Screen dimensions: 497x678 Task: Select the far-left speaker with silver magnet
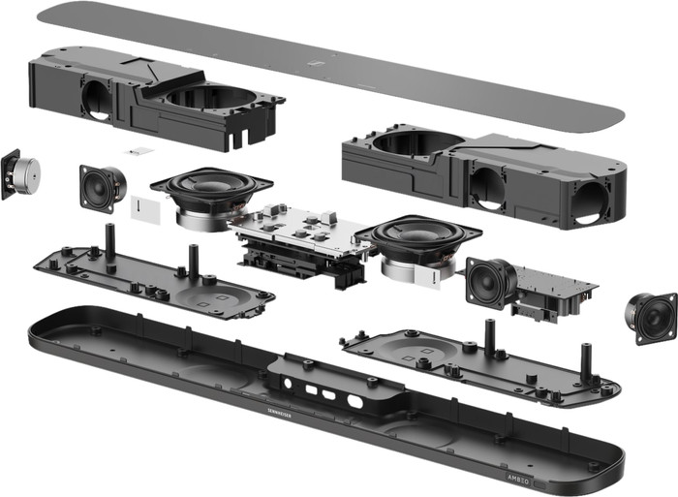23,174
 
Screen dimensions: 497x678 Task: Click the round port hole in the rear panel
354,400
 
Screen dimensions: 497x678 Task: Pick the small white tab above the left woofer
140,152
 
